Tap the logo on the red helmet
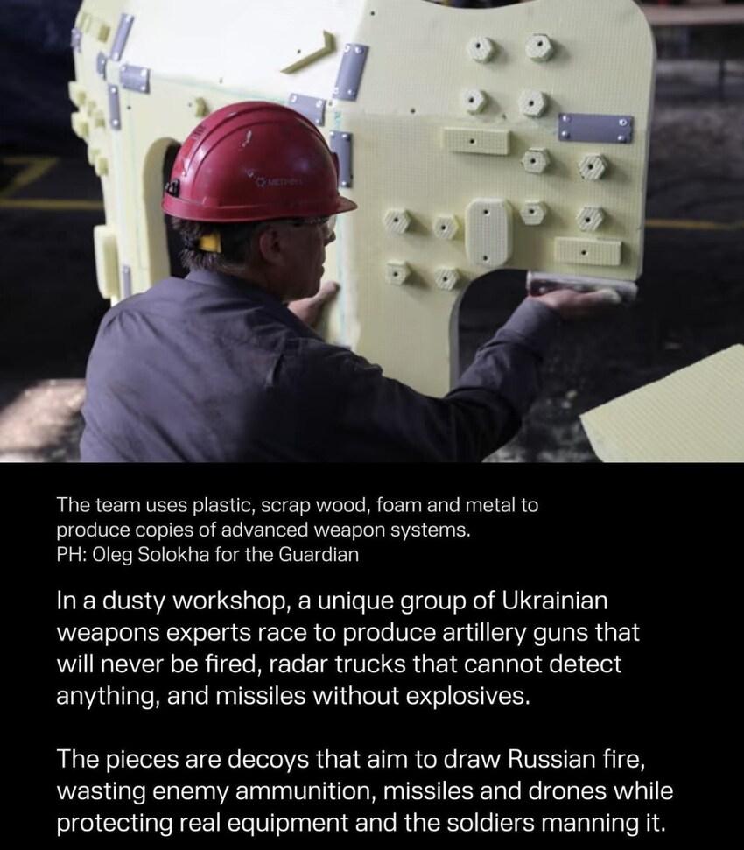click(278, 182)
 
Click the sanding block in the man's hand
click(581, 285)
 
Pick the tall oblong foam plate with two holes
click(487, 232)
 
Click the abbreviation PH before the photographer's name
click(68, 555)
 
